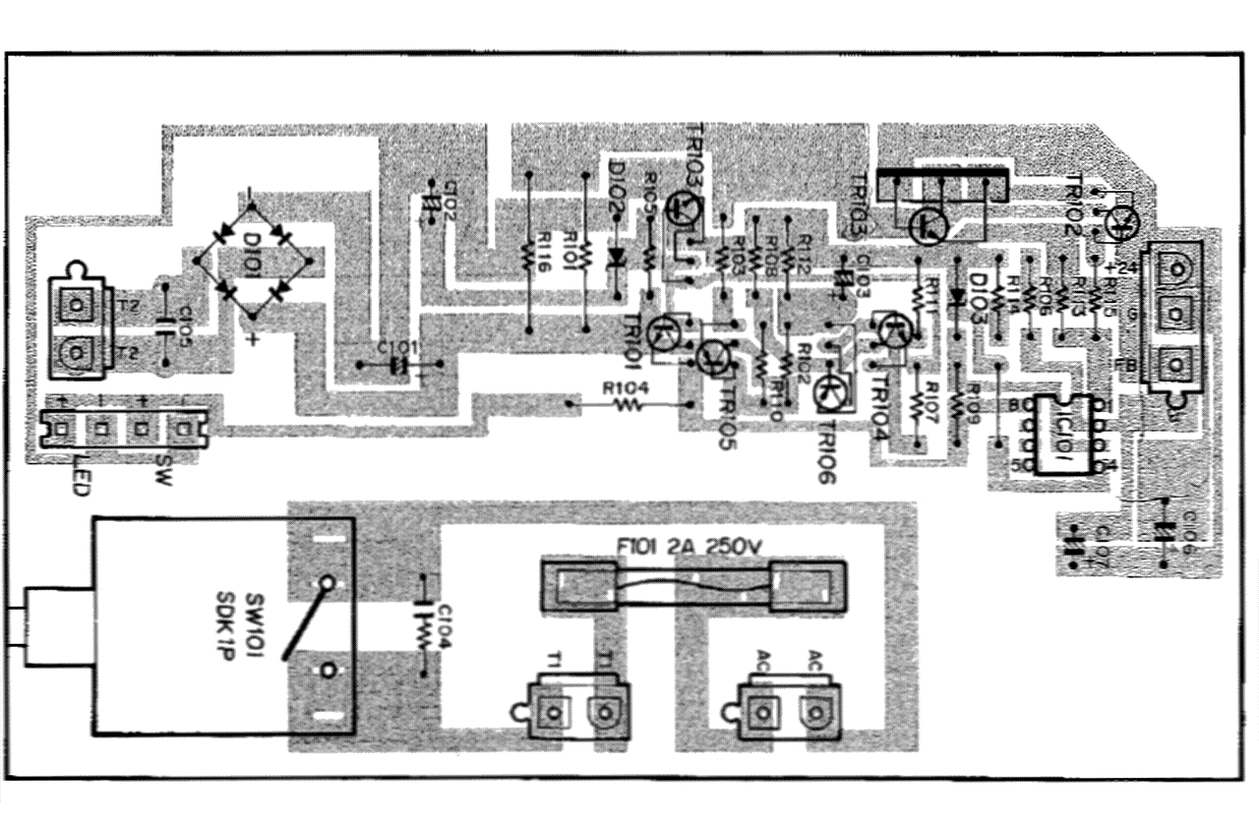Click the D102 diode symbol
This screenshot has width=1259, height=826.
(617, 258)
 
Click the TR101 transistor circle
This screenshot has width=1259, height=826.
(669, 334)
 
